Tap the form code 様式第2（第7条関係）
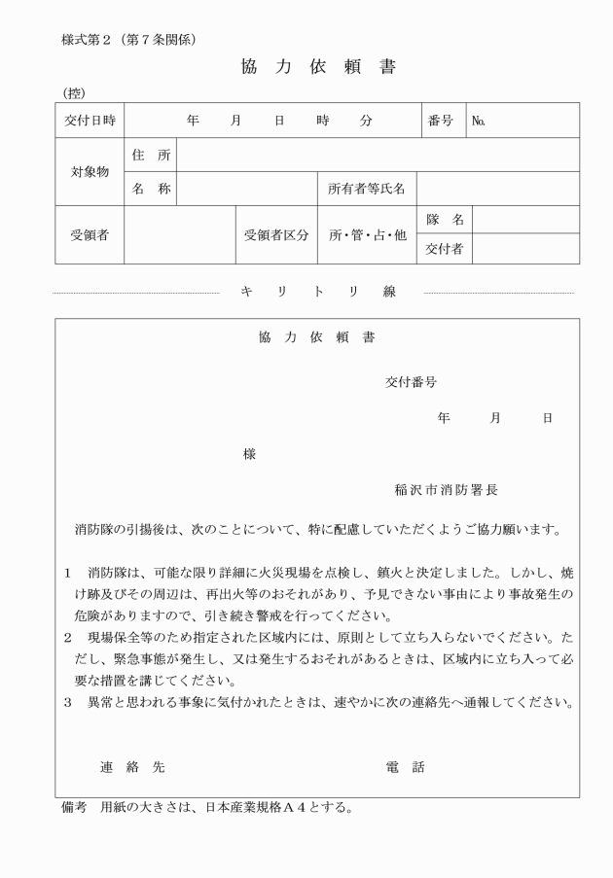pyautogui.click(x=129, y=40)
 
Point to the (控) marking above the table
pyautogui.click(x=72, y=92)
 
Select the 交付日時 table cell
pyautogui.click(x=90, y=121)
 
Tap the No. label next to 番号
pyautogui.click(x=478, y=122)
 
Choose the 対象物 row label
pyautogui.click(x=90, y=172)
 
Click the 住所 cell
pyautogui.click(x=151, y=155)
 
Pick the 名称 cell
pyautogui.click(x=151, y=189)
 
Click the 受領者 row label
pyautogui.click(x=90, y=235)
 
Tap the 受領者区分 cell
pyautogui.click(x=276, y=235)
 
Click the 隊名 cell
pyautogui.click(x=444, y=221)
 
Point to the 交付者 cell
pyautogui.click(x=444, y=249)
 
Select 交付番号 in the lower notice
pyautogui.click(x=411, y=382)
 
